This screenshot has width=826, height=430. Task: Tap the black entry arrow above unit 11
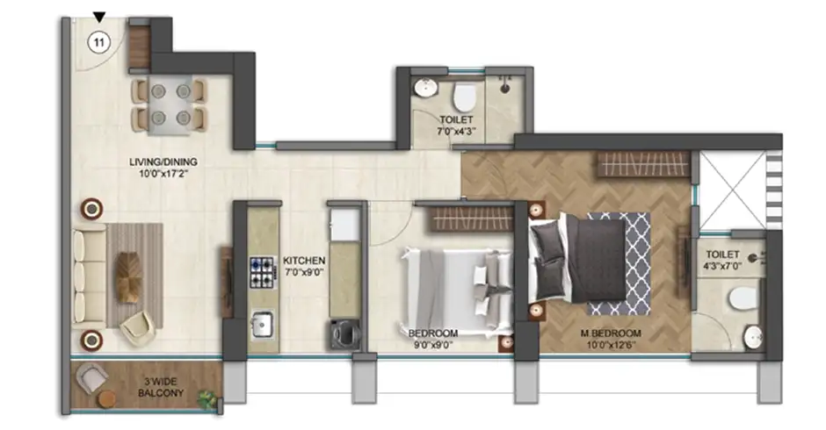tap(99, 17)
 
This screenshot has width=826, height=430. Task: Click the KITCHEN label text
tap(305, 262)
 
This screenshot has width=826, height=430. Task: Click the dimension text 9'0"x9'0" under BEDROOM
tap(433, 346)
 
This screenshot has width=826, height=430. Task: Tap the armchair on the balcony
tap(92, 379)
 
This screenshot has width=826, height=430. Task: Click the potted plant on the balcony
tap(207, 399)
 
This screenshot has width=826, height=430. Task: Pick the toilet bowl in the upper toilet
tap(465, 94)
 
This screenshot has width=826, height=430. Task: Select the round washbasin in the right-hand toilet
tap(753, 337)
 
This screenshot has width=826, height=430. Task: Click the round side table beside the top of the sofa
tap(91, 208)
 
